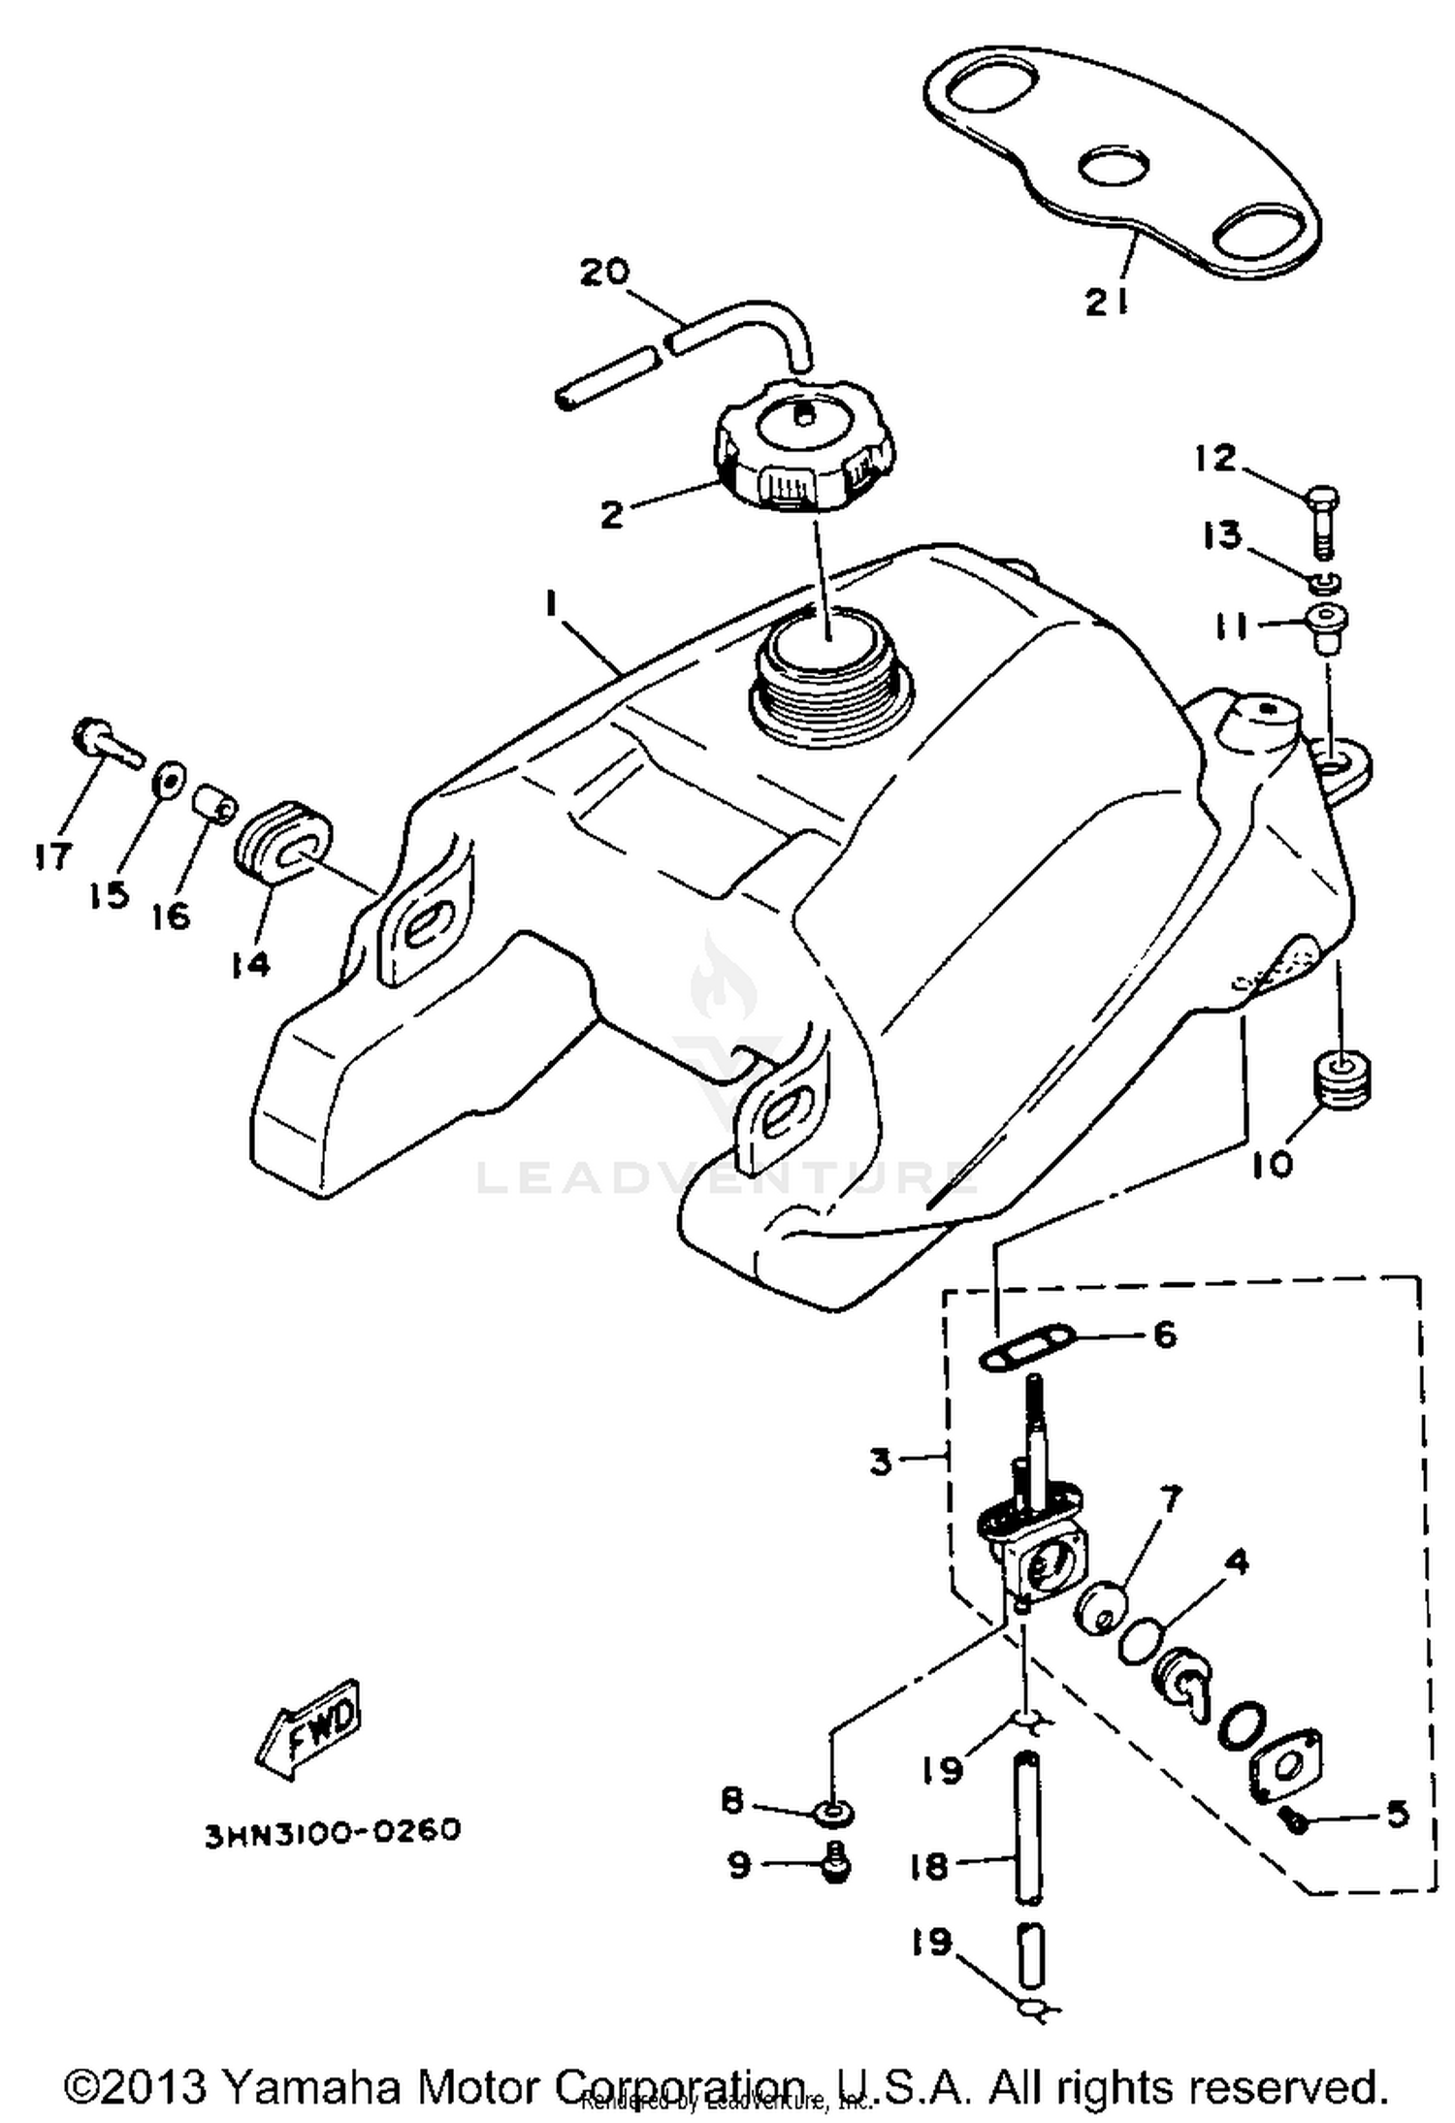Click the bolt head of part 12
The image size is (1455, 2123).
[x=1322, y=500]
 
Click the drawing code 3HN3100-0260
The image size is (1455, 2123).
[x=332, y=1832]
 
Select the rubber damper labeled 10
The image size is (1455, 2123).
[x=1342, y=1078]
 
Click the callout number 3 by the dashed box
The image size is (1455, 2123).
[x=881, y=1462]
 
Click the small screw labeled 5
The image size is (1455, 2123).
[x=1296, y=1822]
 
